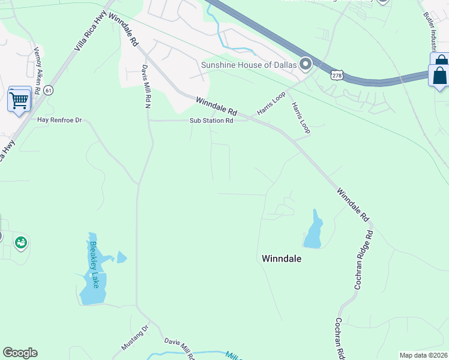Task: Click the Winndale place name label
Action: pos(282,259)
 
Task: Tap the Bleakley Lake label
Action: pos(94,265)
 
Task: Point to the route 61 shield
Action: pos(49,90)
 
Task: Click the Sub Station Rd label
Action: pos(211,121)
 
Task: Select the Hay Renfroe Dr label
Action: pos(59,120)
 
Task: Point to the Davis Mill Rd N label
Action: pos(146,86)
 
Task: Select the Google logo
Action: pos(20,353)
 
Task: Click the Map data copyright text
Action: pos(423,355)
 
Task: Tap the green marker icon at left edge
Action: pos(21,243)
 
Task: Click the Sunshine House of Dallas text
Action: pos(249,65)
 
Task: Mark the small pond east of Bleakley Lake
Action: pos(122,257)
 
